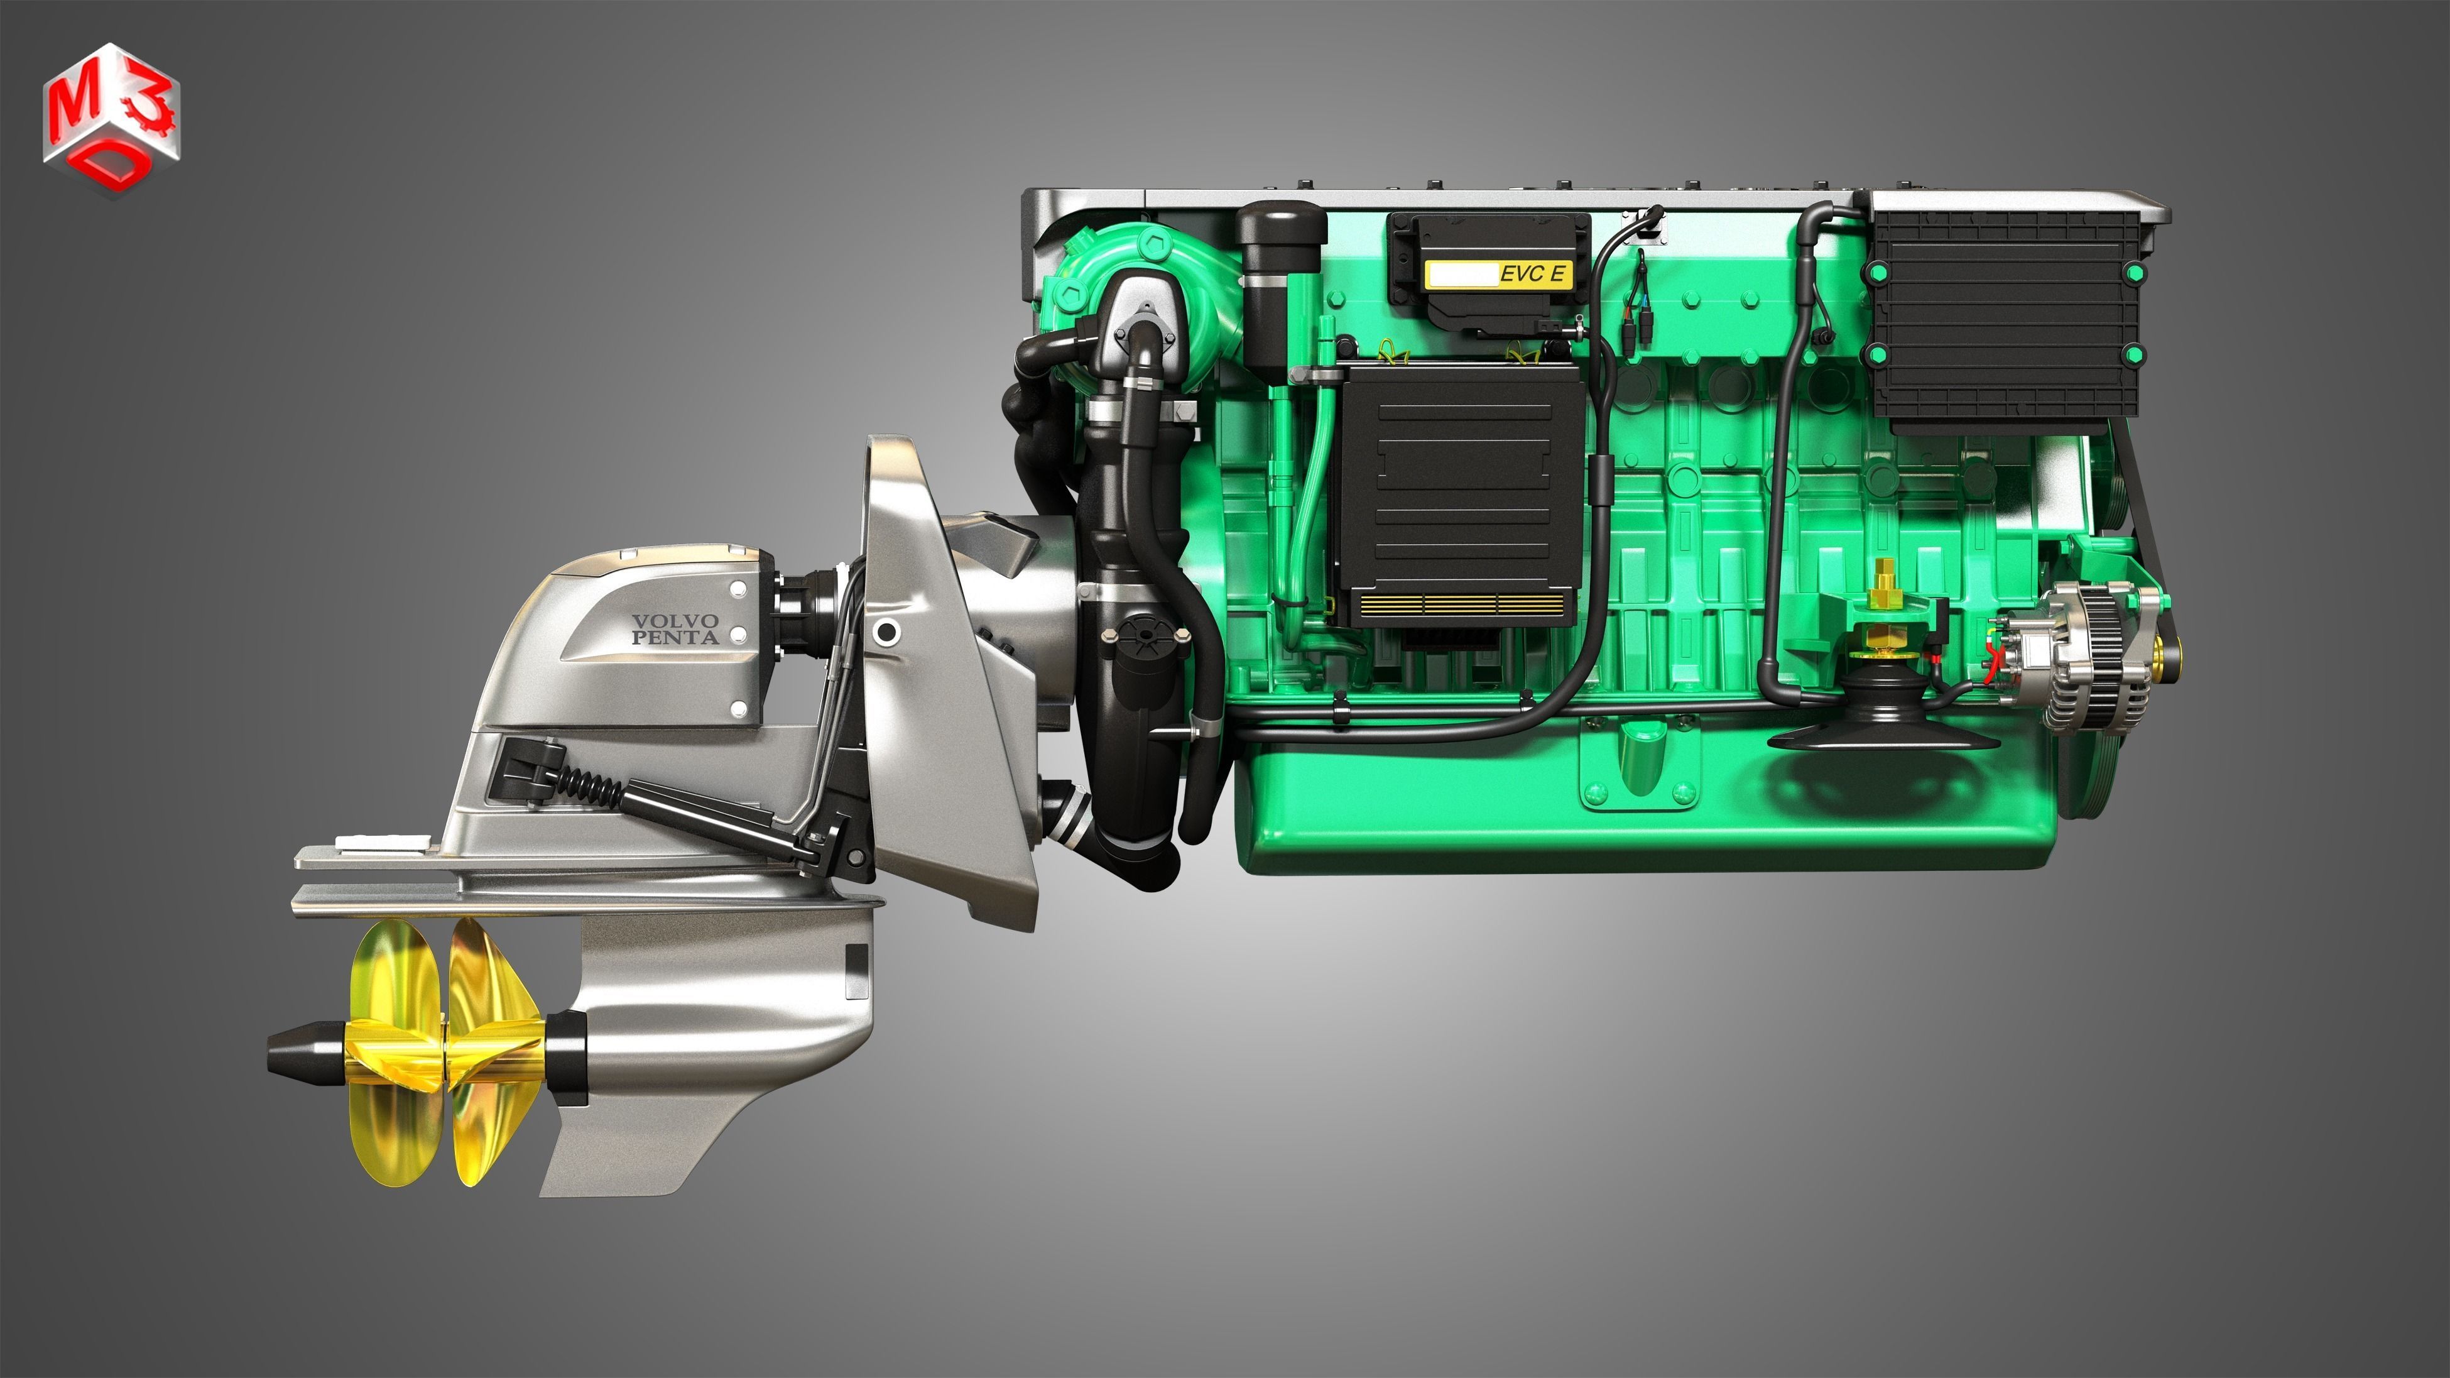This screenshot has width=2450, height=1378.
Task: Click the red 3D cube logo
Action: (x=111, y=120)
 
